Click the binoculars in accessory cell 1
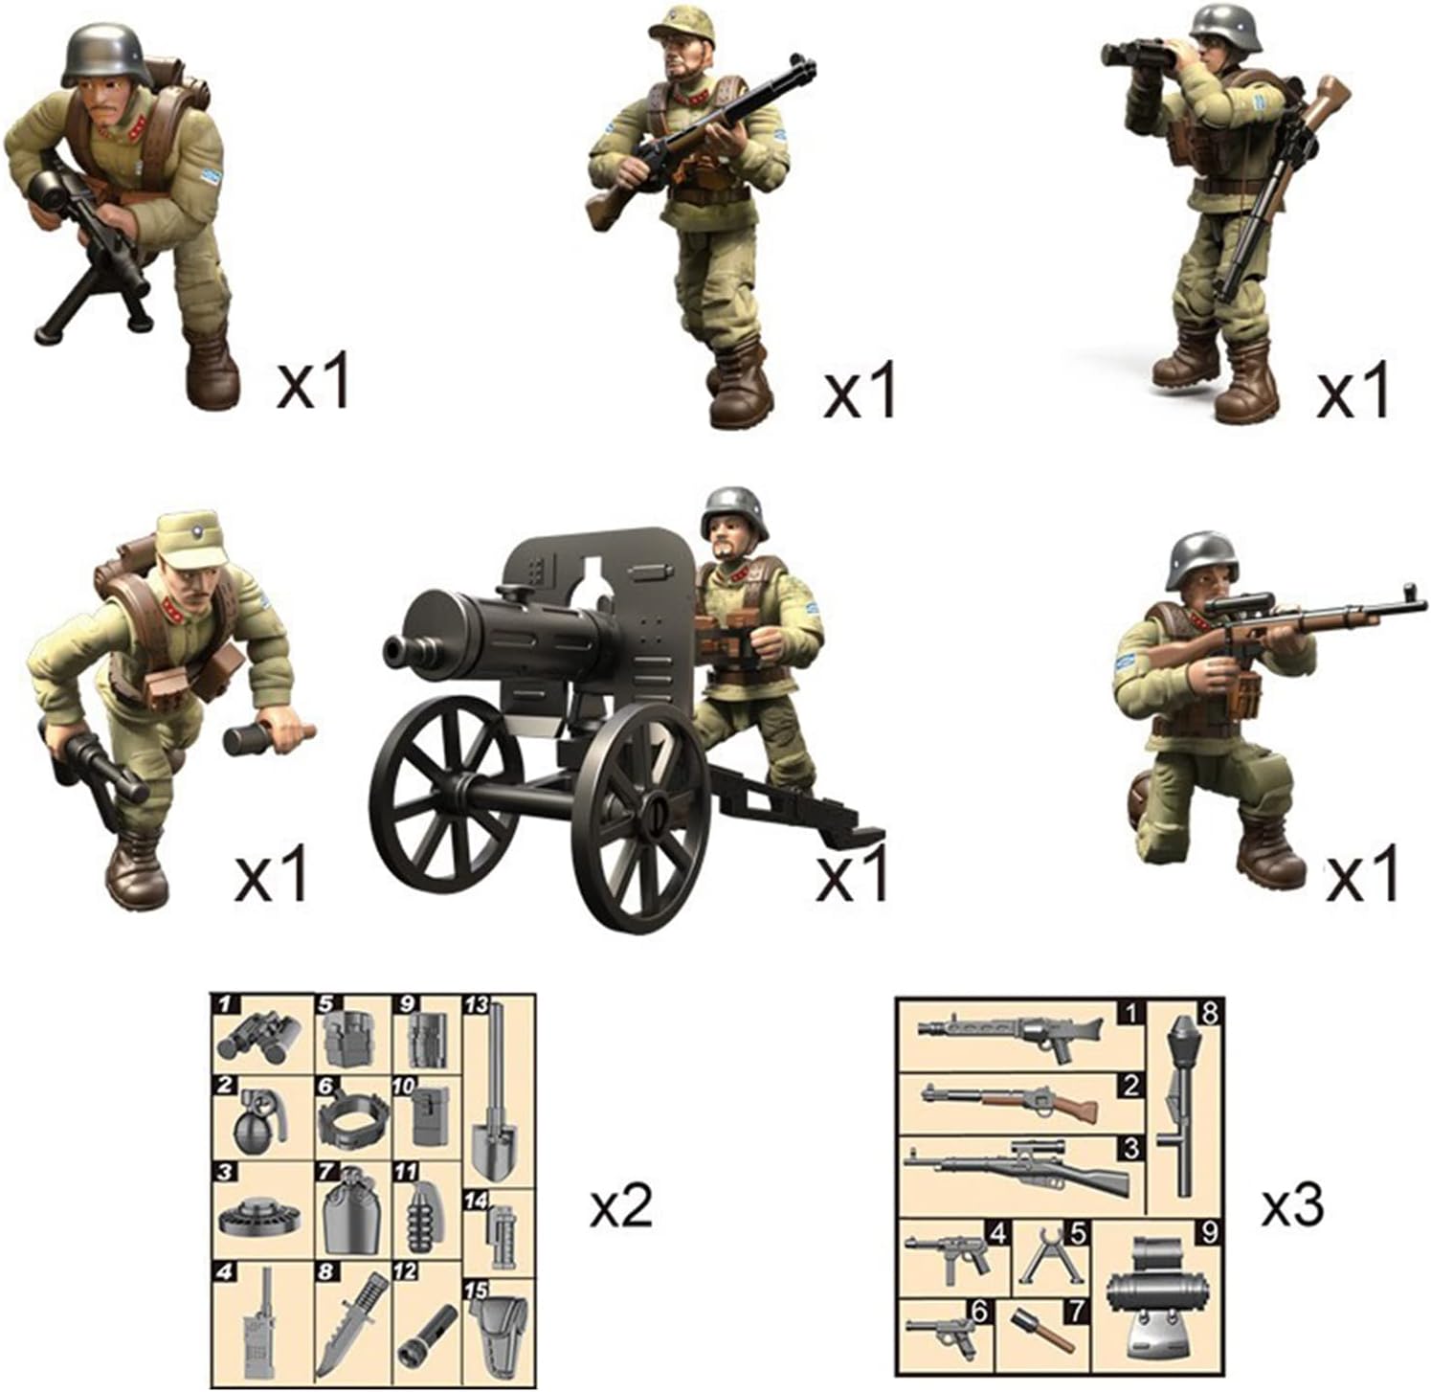point(258,1038)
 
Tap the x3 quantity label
point(1292,1206)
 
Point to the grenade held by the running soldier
point(269,736)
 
